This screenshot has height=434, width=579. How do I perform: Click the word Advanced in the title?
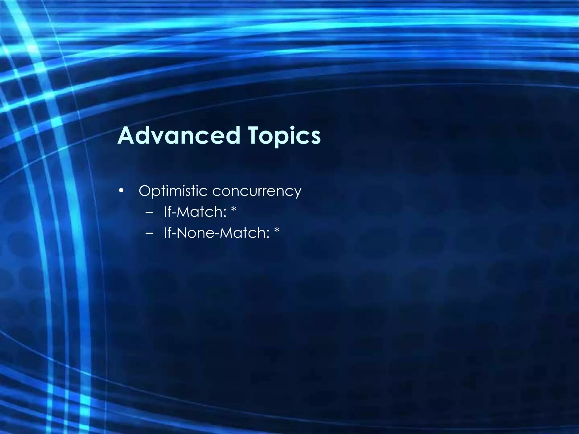(179, 136)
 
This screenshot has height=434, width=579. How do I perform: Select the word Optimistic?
(173, 191)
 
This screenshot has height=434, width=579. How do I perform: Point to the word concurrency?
(257, 192)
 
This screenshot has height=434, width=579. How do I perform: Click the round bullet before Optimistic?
(121, 190)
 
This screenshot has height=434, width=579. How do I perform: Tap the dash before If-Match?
(150, 212)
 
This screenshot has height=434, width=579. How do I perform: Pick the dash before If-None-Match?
(150, 233)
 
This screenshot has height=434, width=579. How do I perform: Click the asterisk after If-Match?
(234, 210)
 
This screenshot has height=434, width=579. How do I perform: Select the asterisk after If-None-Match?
(277, 231)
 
